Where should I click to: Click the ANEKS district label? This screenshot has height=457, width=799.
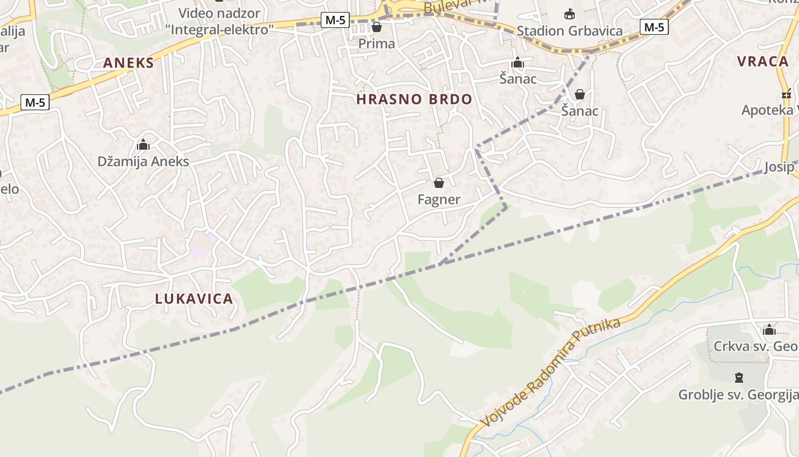[x=128, y=63]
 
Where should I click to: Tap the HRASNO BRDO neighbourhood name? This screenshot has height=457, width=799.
[x=414, y=99]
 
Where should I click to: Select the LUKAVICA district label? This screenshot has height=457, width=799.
[x=194, y=298]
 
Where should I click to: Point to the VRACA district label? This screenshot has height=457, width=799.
[x=762, y=62]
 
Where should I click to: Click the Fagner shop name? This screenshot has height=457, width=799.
[x=439, y=199]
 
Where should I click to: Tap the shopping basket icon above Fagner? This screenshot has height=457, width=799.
[x=439, y=183]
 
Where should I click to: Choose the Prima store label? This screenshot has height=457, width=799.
[x=377, y=43]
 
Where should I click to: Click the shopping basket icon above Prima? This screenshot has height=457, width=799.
[x=377, y=27]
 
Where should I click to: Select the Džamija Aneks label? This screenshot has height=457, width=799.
[x=143, y=161]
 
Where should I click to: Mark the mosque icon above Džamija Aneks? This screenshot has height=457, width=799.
[x=143, y=145]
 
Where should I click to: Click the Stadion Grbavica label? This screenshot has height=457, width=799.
[x=570, y=31]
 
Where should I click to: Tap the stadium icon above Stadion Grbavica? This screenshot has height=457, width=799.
[x=569, y=14]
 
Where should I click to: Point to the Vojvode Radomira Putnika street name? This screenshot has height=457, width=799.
[x=550, y=372]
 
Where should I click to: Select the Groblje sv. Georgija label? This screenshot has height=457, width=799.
[x=738, y=394]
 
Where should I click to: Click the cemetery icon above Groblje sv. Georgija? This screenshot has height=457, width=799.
[x=739, y=378]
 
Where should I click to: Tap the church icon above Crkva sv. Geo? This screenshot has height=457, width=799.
[x=769, y=330]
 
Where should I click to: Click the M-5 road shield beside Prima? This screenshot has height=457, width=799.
[x=334, y=20]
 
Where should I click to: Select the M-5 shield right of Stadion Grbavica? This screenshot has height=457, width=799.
[x=654, y=26]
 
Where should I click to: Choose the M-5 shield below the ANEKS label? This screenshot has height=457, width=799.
[x=35, y=102]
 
